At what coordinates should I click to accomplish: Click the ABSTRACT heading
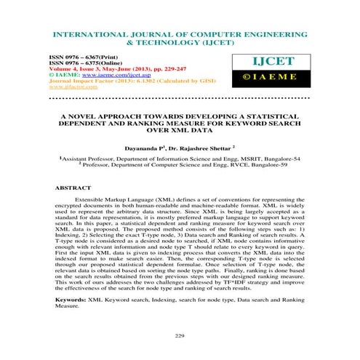pyautogui.click(x=73, y=188)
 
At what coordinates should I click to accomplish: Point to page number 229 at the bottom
pyautogui.click(x=180, y=335)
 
